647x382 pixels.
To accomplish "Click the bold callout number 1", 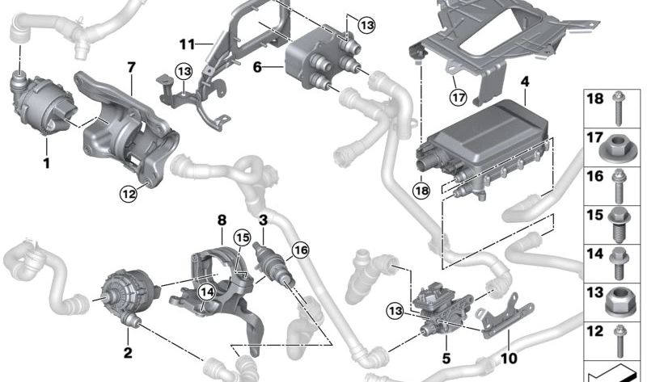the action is (x=47, y=163).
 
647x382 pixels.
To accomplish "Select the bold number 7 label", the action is (x=131, y=67).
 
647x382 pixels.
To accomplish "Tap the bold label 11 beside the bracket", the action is (x=187, y=44).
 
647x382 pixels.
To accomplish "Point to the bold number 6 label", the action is (x=257, y=67).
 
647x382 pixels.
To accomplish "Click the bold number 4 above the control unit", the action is (x=524, y=82).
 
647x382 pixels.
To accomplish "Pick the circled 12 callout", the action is (x=129, y=193).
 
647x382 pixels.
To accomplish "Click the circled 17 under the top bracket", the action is (x=458, y=98).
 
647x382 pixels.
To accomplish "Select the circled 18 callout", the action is (x=421, y=191).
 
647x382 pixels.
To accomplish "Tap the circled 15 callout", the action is (x=242, y=237).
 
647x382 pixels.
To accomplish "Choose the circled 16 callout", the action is (x=300, y=250).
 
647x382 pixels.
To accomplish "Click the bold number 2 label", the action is (x=128, y=353).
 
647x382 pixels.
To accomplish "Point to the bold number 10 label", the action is (x=509, y=358).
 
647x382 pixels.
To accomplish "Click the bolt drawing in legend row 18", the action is (x=618, y=108).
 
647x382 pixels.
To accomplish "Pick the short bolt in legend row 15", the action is (x=617, y=225).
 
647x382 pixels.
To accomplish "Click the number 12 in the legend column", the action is (x=595, y=331).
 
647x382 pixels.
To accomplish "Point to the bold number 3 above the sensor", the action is (x=264, y=220).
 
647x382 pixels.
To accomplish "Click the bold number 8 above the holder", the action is (x=222, y=220).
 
